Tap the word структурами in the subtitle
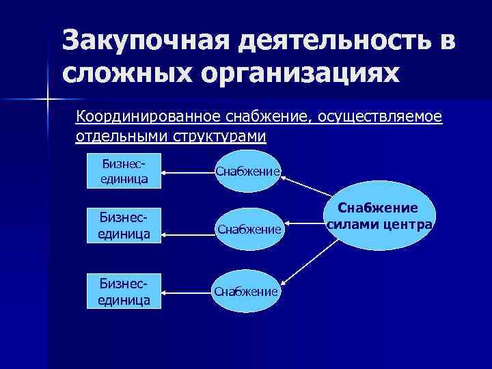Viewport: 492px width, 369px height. click(x=219, y=135)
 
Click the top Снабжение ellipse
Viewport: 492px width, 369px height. click(x=247, y=172)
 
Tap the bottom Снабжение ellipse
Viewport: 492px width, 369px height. click(x=246, y=292)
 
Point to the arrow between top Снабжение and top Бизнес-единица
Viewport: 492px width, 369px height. click(x=189, y=172)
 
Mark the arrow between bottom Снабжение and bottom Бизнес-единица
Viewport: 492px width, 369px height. click(x=189, y=292)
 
